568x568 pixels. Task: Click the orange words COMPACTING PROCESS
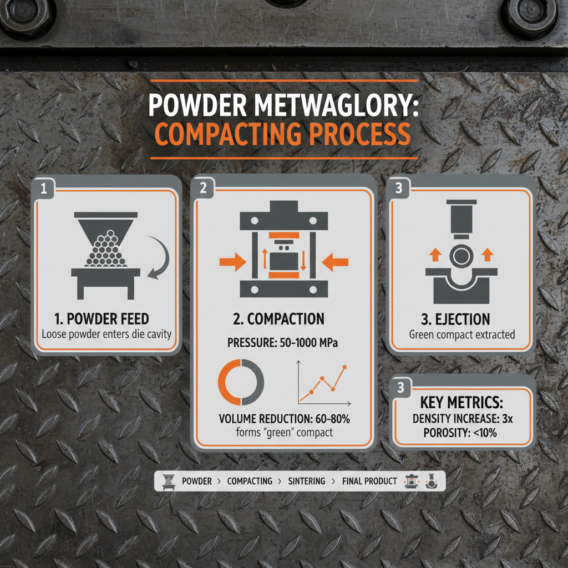[283, 134]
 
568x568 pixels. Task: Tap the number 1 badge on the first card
[44, 189]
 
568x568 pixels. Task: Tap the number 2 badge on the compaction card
[203, 188]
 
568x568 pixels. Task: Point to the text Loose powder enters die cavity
[106, 334]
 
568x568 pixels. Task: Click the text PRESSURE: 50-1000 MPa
[283, 342]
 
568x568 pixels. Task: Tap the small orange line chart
[322, 383]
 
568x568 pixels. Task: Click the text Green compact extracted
[462, 334]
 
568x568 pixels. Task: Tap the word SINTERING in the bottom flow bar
[307, 481]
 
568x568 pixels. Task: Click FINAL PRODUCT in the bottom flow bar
[369, 481]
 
